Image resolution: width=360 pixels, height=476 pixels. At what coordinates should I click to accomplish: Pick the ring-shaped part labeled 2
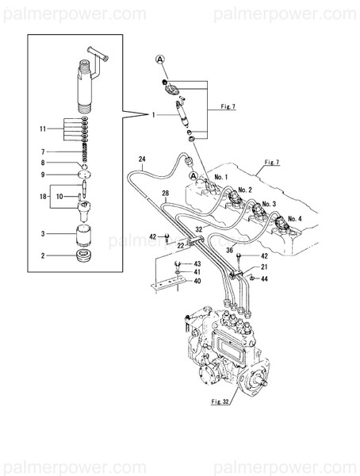[83, 256]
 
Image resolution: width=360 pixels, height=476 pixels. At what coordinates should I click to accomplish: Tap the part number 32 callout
[200, 228]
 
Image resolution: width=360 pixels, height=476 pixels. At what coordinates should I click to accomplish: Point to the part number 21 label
[264, 267]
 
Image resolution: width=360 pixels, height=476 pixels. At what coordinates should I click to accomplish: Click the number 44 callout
[264, 278]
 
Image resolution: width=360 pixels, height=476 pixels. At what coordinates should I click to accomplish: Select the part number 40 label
[198, 281]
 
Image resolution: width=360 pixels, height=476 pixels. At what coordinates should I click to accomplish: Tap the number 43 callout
[198, 263]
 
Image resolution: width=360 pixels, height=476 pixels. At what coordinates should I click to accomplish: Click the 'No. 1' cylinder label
[220, 177]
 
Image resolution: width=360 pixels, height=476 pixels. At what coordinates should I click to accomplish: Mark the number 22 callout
[181, 245]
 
